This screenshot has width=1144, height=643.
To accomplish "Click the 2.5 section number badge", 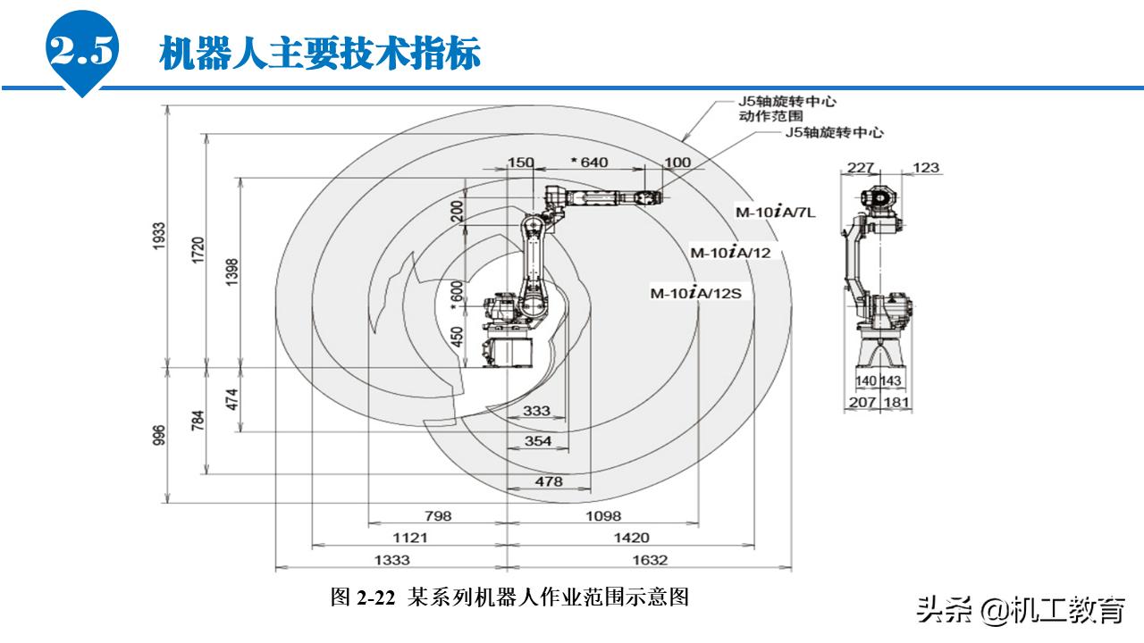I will [x=82, y=53].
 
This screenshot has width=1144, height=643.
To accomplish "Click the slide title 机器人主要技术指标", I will [x=320, y=54].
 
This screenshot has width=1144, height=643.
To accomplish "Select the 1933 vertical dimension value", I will [x=160, y=236].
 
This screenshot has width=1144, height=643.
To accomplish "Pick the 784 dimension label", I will [x=198, y=420].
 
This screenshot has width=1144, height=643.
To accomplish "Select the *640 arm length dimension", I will [x=588, y=162].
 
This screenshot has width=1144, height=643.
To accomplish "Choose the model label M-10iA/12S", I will [x=696, y=293].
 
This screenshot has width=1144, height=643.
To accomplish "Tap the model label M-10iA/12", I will [x=730, y=253].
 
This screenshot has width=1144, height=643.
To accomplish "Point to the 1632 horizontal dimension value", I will [x=650, y=560].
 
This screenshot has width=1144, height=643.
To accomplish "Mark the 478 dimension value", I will [x=549, y=481].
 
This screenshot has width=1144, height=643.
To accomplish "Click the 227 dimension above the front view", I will [x=862, y=167].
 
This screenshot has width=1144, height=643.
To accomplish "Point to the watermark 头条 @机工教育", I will [x=1020, y=612].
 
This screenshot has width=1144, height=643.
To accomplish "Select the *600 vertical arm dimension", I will [x=458, y=296].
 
